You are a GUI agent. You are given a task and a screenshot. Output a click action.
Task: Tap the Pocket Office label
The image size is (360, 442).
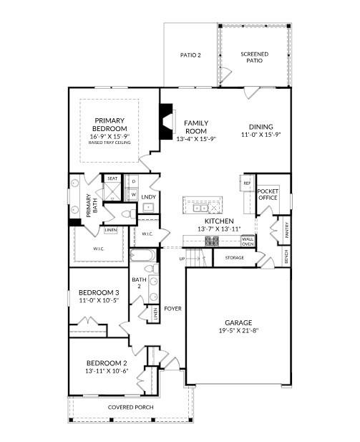tap(268, 195)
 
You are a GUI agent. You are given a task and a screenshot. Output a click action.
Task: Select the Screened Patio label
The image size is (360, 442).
tap(256, 57)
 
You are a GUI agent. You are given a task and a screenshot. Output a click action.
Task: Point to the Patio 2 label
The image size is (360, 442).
tap(190, 54)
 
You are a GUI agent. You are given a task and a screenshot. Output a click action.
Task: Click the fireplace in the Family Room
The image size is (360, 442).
tap(167, 120)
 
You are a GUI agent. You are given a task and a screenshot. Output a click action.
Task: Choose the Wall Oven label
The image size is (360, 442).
tap(247, 241)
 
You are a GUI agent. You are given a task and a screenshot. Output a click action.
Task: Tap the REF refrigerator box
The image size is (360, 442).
tap(247, 183)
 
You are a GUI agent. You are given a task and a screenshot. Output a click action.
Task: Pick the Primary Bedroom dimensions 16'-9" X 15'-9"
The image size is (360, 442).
tap(110, 136)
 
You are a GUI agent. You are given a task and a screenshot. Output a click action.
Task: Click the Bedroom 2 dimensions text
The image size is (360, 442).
tap(107, 370)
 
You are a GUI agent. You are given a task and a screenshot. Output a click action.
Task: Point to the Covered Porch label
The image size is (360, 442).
tap(130, 407)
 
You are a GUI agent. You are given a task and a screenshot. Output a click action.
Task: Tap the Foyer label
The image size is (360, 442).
tap(172, 309)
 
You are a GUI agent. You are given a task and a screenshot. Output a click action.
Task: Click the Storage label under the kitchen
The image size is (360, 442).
tap(235, 257)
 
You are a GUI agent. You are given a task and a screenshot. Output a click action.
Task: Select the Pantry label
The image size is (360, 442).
tap(286, 230)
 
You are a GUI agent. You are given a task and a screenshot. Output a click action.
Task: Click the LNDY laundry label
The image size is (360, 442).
tap(149, 196)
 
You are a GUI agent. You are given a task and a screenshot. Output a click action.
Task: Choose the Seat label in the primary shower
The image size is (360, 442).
tap(112, 178)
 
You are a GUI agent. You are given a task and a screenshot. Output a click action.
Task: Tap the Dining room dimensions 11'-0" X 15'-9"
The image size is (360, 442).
tap(261, 135)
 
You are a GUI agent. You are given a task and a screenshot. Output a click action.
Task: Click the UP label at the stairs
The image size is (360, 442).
tap(183, 259)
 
